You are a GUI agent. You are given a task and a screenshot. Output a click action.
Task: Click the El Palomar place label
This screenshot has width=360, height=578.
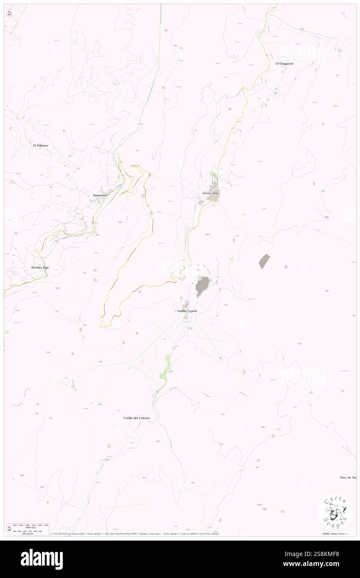point(41,146)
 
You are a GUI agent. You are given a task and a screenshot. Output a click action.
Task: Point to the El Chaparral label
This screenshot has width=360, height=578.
point(284,63)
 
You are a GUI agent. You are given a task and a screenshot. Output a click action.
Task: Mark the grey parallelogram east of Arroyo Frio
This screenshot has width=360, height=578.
point(264,261)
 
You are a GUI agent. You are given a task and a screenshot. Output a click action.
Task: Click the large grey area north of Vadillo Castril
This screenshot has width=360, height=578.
point(202,285)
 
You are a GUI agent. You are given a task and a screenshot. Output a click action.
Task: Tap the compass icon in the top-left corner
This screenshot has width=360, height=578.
point(10,13)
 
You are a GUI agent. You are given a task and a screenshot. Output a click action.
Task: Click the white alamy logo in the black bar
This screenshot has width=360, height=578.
point(42,559)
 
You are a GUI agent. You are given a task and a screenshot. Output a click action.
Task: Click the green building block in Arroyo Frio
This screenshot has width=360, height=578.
point(213,175)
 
